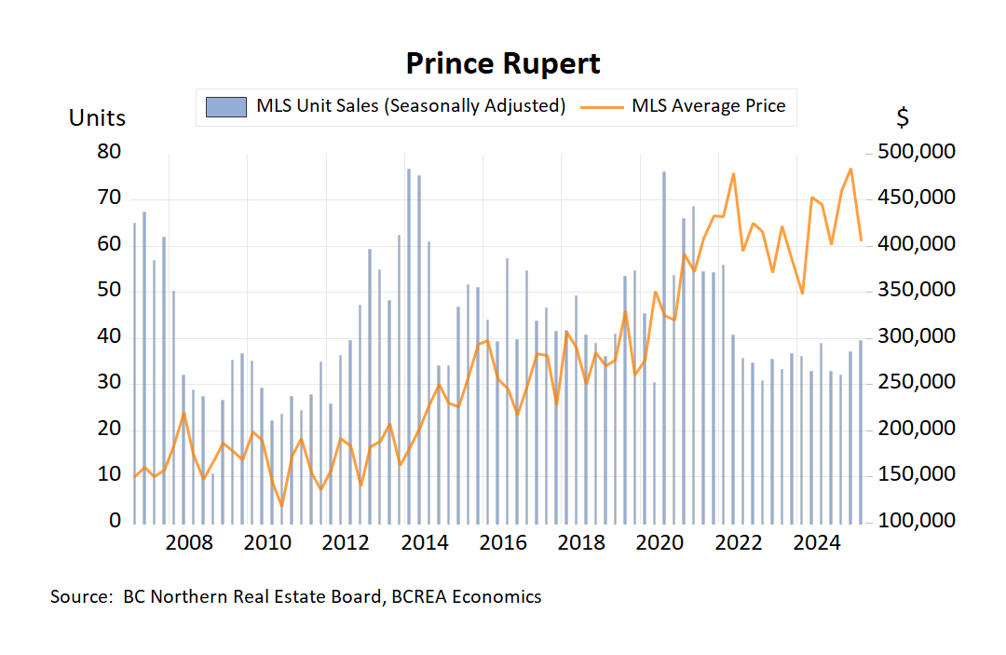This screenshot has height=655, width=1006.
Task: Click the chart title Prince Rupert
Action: click(503, 63)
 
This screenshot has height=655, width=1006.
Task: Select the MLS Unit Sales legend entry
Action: click(411, 105)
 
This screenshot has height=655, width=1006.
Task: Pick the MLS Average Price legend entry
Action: click(708, 105)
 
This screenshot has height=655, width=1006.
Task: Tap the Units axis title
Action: click(97, 118)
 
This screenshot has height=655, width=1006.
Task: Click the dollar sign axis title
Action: click(903, 118)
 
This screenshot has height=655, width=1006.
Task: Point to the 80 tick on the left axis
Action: click(109, 152)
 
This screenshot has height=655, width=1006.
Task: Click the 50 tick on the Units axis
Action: click(109, 290)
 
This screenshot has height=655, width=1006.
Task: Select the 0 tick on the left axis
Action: click(116, 521)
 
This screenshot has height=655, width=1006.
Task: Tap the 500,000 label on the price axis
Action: click(917, 152)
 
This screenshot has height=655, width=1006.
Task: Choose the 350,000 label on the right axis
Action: click(917, 290)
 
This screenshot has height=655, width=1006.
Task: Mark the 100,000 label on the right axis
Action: click(917, 521)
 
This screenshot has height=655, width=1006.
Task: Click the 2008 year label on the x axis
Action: click(190, 543)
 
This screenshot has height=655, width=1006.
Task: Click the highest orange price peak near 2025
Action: click(850, 170)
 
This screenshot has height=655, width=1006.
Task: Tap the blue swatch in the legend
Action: click(226, 106)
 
